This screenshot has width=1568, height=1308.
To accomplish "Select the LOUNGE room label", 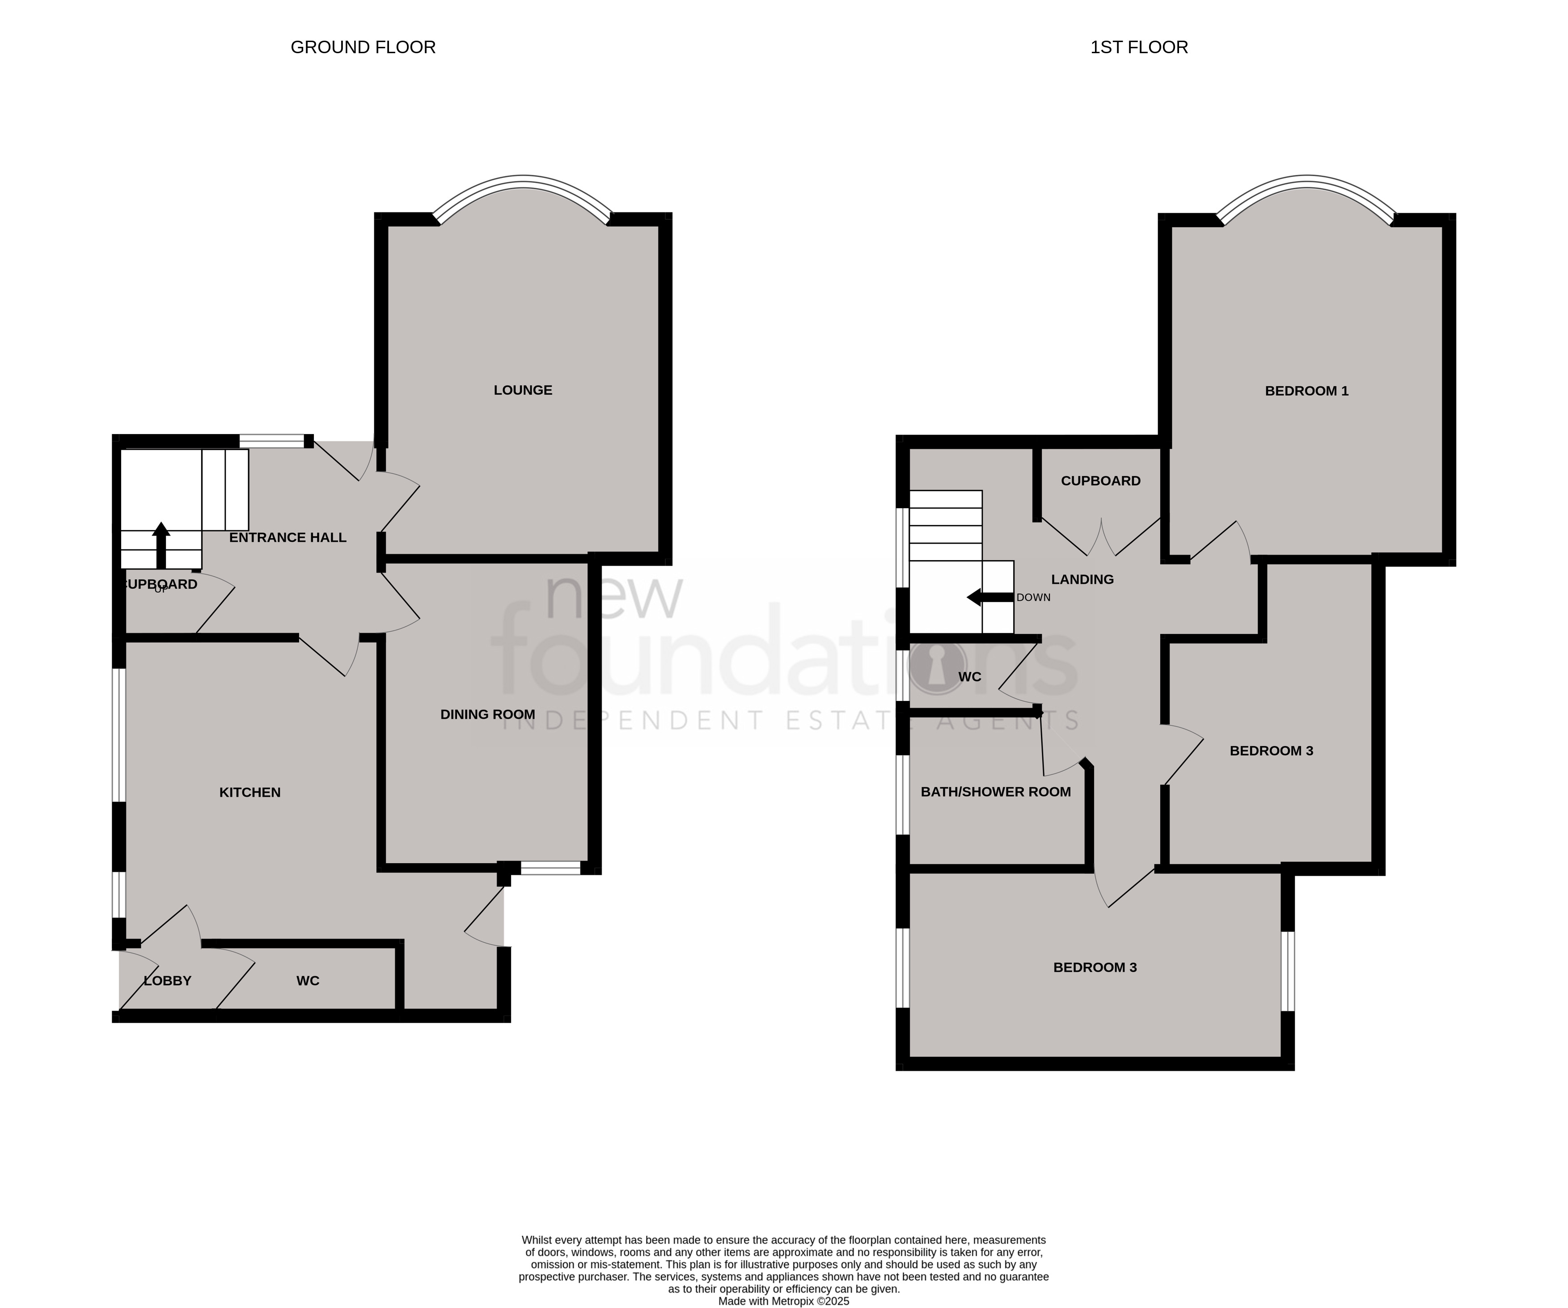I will pyautogui.click(x=523, y=390).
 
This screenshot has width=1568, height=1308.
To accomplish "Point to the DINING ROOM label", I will pyautogui.click(x=488, y=714).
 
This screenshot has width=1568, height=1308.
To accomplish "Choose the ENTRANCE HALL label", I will pyautogui.click(x=287, y=537).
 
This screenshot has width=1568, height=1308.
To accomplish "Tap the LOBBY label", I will pyautogui.click(x=167, y=981).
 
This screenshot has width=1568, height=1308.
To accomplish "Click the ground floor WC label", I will pyautogui.click(x=308, y=981).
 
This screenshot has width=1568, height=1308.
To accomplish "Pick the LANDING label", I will pyautogui.click(x=1082, y=579).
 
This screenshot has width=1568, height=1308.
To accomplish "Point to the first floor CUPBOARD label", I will pyautogui.click(x=1101, y=481).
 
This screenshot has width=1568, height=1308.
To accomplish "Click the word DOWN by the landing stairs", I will pyautogui.click(x=1033, y=597).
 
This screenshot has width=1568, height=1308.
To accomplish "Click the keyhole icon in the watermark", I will pyautogui.click(x=936, y=666).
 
